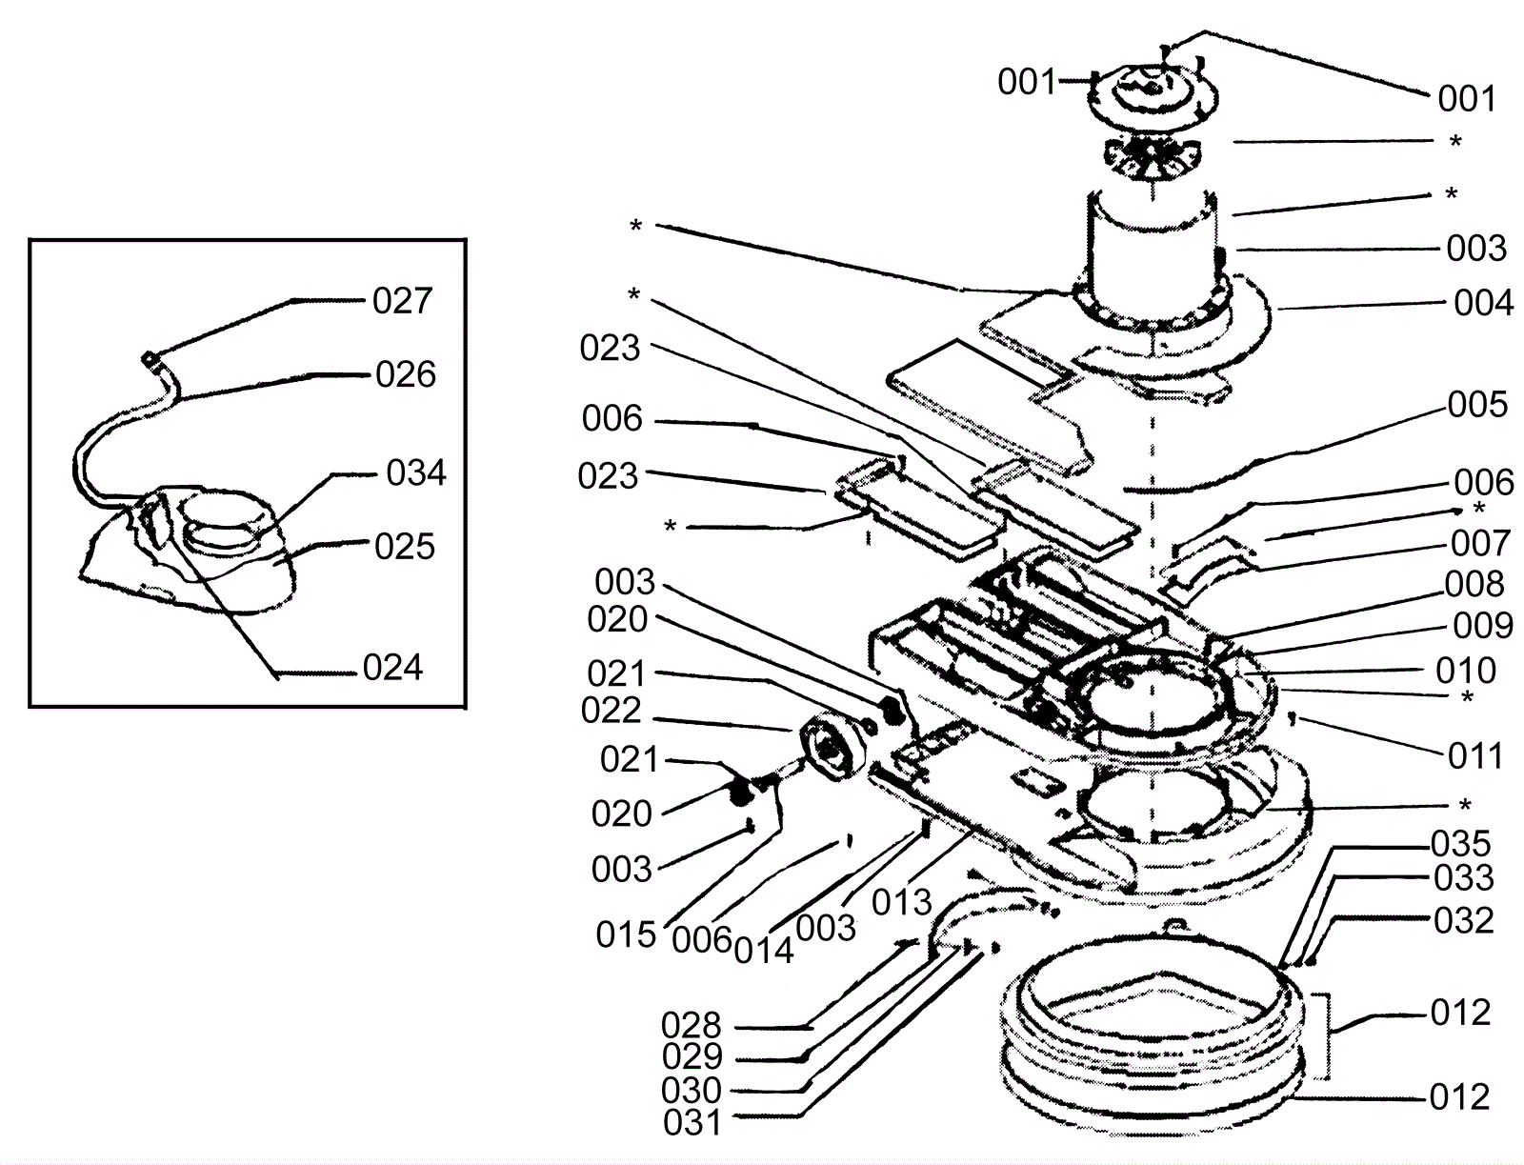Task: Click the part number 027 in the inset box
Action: click(x=403, y=301)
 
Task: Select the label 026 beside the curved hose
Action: click(x=406, y=374)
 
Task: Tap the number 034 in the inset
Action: click(x=416, y=472)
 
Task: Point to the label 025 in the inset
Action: click(x=405, y=547)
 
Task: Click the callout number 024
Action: click(x=393, y=668)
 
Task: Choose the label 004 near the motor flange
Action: click(x=1484, y=304)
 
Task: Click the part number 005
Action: click(x=1478, y=404)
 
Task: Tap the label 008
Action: click(x=1474, y=585)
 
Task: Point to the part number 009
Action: click(x=1483, y=626)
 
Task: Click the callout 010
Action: click(x=1466, y=671)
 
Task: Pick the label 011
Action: click(x=1475, y=756)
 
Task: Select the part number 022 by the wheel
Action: click(x=611, y=711)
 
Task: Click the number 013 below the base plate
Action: click(x=902, y=902)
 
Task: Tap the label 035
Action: click(x=1461, y=844)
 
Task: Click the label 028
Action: click(x=692, y=1025)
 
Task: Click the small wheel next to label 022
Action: click(x=832, y=747)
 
